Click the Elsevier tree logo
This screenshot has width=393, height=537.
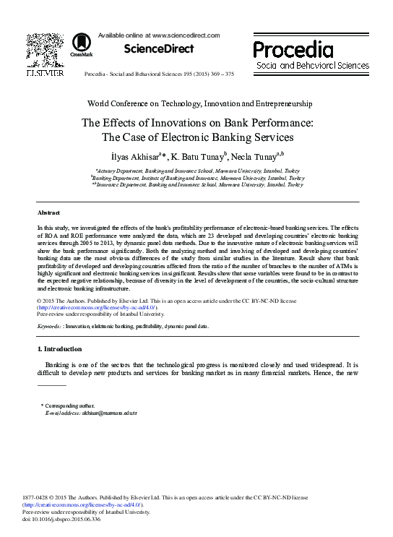pyautogui.click(x=45, y=50)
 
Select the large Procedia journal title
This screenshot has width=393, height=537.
pyautogui.click(x=293, y=50)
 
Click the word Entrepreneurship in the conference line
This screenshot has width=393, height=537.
pyautogui.click(x=279, y=103)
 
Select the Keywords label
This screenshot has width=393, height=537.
pyautogui.click(x=49, y=327)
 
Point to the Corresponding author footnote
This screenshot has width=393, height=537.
pyautogui.click(x=69, y=406)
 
